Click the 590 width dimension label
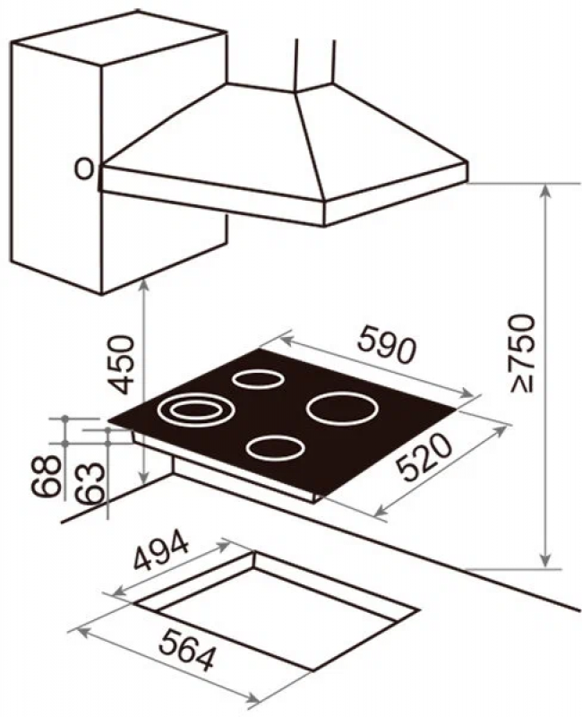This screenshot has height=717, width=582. click(x=387, y=344)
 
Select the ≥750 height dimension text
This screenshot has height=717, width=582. click(x=522, y=353)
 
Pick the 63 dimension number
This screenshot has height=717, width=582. click(x=89, y=483)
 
